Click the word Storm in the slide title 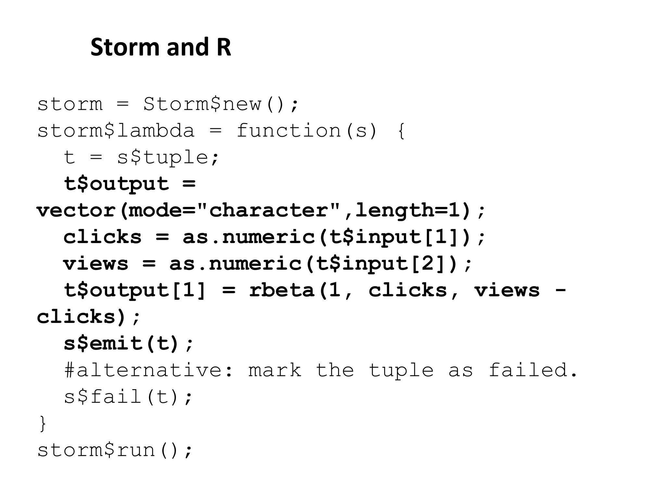(125, 47)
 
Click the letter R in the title (223, 47)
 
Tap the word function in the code (288, 131)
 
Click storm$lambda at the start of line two (116, 131)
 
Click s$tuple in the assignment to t (162, 158)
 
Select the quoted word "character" (269, 211)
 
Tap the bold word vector (76, 211)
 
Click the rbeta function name (282, 290)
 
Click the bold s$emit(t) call (122, 343)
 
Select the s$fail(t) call (122, 397)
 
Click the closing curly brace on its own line (43, 423)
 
